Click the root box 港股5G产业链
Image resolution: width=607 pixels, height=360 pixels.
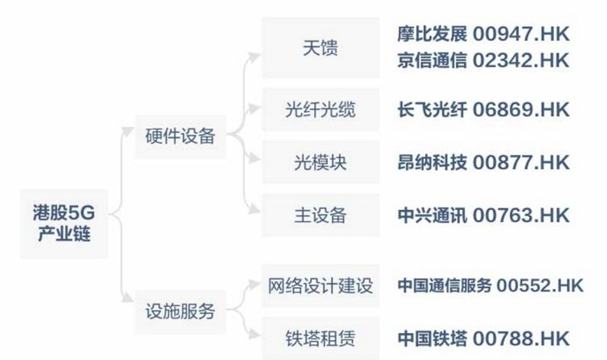tap(63, 223)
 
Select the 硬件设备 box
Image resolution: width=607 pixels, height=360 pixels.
tap(179, 136)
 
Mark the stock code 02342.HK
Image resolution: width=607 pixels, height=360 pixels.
tap(521, 61)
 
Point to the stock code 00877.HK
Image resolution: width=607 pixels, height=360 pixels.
tap(521, 162)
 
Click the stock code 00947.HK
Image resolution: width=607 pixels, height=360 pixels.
tap(521, 35)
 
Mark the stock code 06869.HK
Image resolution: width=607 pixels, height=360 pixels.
tap(521, 110)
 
